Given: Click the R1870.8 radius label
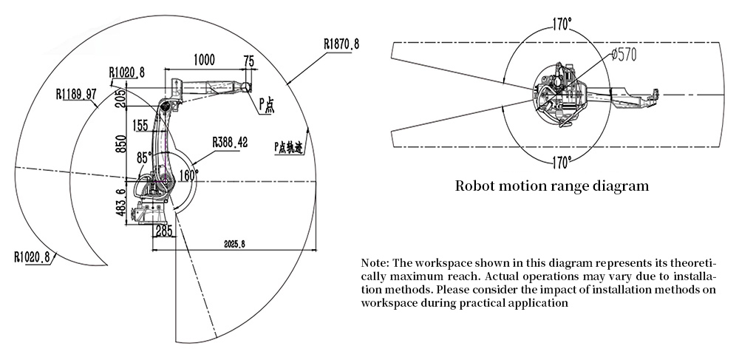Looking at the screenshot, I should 341,44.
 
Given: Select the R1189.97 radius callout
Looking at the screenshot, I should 77,94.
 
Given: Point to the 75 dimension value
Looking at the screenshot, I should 249,60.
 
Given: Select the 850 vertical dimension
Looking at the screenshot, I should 120,143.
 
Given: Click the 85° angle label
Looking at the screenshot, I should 144,157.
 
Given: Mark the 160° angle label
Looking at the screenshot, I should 189,176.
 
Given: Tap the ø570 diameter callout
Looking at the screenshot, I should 622,53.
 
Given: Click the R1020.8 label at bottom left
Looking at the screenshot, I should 32,257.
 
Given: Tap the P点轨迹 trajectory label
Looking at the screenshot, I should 289,146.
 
